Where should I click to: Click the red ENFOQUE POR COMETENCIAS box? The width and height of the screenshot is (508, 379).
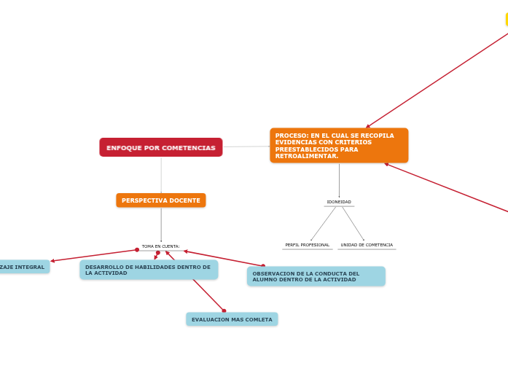click(160, 147)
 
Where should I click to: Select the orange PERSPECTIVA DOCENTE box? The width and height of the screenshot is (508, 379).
click(160, 200)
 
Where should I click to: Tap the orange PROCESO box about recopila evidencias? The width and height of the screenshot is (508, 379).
click(339, 146)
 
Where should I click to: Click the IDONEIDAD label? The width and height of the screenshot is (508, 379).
click(339, 202)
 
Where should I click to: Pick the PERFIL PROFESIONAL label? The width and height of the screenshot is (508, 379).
click(307, 245)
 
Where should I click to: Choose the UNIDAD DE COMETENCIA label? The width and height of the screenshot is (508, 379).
click(367, 245)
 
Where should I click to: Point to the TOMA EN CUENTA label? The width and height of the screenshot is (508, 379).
click(160, 246)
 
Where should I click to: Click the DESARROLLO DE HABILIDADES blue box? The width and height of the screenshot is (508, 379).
click(149, 270)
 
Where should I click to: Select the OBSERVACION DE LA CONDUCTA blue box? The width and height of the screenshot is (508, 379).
click(316, 277)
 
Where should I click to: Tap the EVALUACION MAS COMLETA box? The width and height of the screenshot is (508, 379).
click(232, 319)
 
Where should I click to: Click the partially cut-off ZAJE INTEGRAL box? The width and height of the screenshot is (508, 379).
click(23, 267)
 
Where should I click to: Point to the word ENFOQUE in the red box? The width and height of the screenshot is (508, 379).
click(123, 148)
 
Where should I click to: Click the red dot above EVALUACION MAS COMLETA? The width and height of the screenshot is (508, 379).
click(224, 311)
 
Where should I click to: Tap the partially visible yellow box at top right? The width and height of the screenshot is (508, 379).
click(507, 20)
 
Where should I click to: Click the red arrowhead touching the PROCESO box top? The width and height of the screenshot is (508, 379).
click(368, 126)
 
